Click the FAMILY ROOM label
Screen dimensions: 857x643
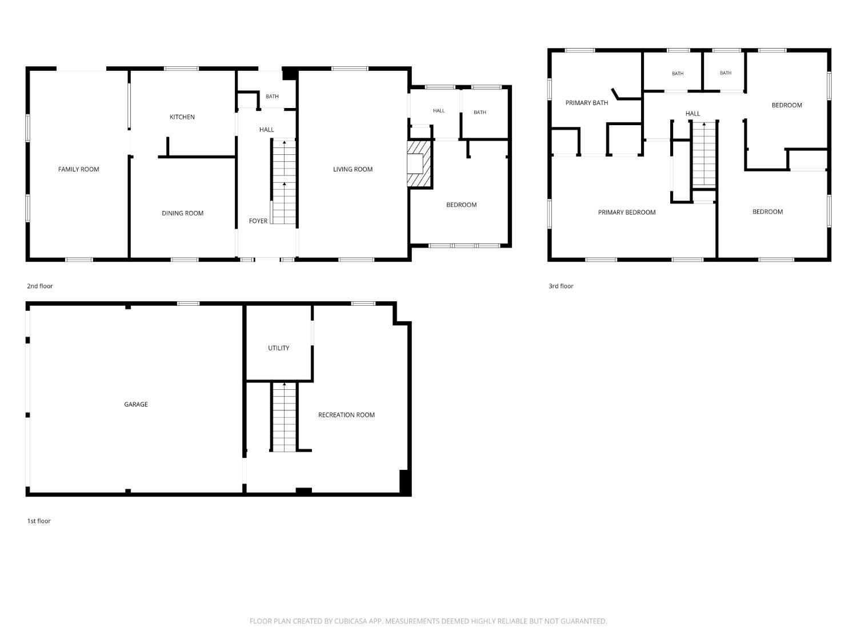(78, 169)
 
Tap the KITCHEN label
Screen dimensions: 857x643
(182, 117)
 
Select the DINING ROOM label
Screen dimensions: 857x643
(182, 213)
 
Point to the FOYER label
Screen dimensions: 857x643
(258, 221)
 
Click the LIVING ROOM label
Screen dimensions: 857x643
(353, 169)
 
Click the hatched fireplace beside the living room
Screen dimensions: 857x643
(419, 164)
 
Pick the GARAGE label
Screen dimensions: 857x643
(136, 404)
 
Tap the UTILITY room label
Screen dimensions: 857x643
(278, 348)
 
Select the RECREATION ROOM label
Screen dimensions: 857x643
(346, 414)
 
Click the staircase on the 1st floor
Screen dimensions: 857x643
(284, 417)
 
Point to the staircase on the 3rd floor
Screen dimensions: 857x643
(704, 154)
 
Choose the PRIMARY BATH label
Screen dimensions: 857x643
(586, 103)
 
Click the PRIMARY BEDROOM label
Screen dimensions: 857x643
(627, 212)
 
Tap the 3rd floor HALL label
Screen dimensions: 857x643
(692, 114)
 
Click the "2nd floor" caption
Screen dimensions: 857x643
(40, 286)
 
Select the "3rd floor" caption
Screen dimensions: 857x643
(561, 286)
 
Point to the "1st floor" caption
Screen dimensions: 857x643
(39, 521)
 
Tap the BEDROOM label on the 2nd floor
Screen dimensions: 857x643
(461, 205)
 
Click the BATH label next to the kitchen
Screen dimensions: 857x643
(272, 97)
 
